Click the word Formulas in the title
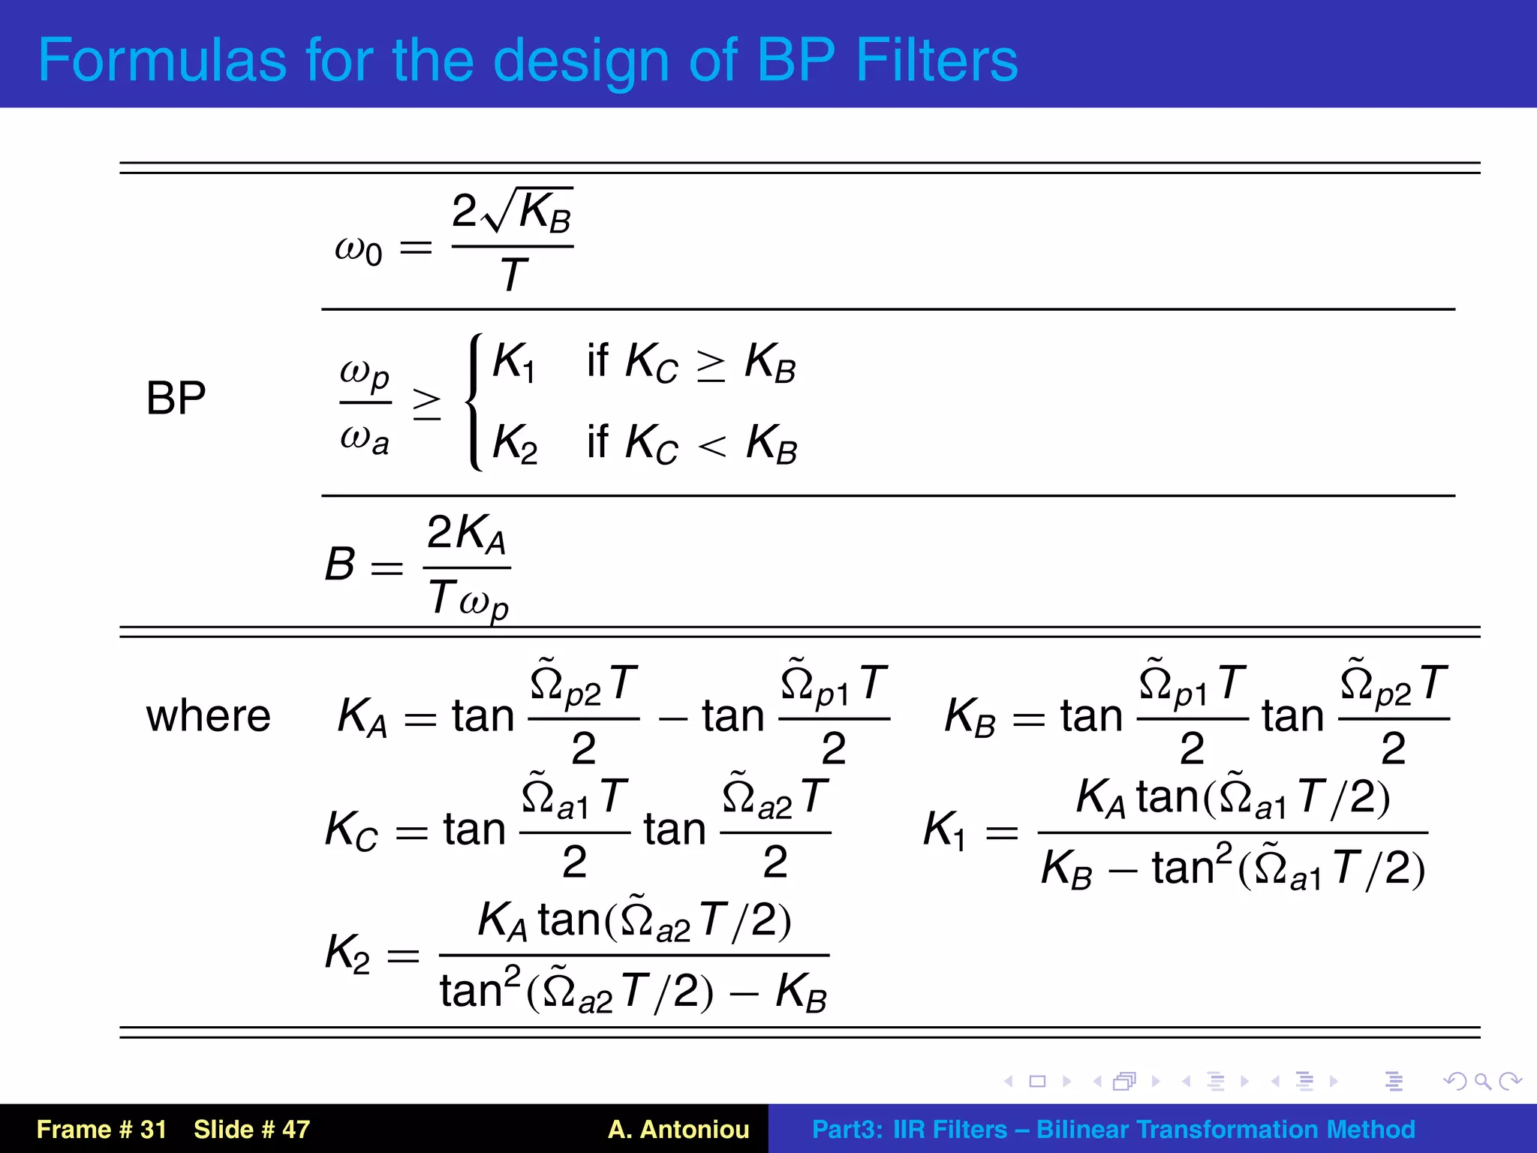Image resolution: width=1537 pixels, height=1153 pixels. pyautogui.click(x=162, y=60)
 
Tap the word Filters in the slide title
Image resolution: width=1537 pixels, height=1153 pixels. pyautogui.click(x=936, y=60)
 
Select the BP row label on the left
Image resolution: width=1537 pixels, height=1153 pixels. pyautogui.click(x=176, y=398)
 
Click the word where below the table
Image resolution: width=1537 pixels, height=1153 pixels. pyautogui.click(x=208, y=715)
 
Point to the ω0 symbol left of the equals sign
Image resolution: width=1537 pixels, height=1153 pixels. pyautogui.click(x=358, y=250)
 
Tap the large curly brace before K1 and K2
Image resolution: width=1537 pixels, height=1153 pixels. pyautogui.click(x=474, y=402)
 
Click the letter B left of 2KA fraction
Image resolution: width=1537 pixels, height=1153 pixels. pyautogui.click(x=340, y=564)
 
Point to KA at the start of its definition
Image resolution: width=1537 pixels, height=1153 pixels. pyautogui.click(x=362, y=717)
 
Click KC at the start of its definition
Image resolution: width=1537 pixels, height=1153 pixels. pyautogui.click(x=351, y=831)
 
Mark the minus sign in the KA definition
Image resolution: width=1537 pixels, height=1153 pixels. pyautogui.click(x=672, y=718)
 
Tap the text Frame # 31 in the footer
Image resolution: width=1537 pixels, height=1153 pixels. pyautogui.click(x=101, y=1129)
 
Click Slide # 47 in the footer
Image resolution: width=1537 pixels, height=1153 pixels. pyautogui.click(x=251, y=1129)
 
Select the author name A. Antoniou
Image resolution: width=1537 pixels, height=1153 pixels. pyautogui.click(x=678, y=1129)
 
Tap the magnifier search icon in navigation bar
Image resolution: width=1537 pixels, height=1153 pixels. pyautogui.click(x=1482, y=1081)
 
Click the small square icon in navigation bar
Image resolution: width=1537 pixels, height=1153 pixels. pyautogui.click(x=1037, y=1081)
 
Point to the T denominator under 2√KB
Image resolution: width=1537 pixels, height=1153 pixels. pyautogui.click(x=513, y=275)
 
